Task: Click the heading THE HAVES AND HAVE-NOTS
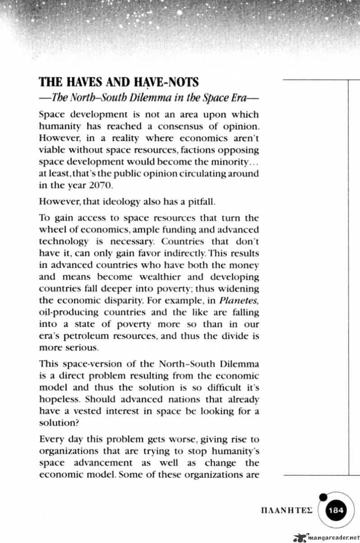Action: [119, 83]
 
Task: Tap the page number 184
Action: [336, 510]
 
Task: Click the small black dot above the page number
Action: [322, 497]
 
